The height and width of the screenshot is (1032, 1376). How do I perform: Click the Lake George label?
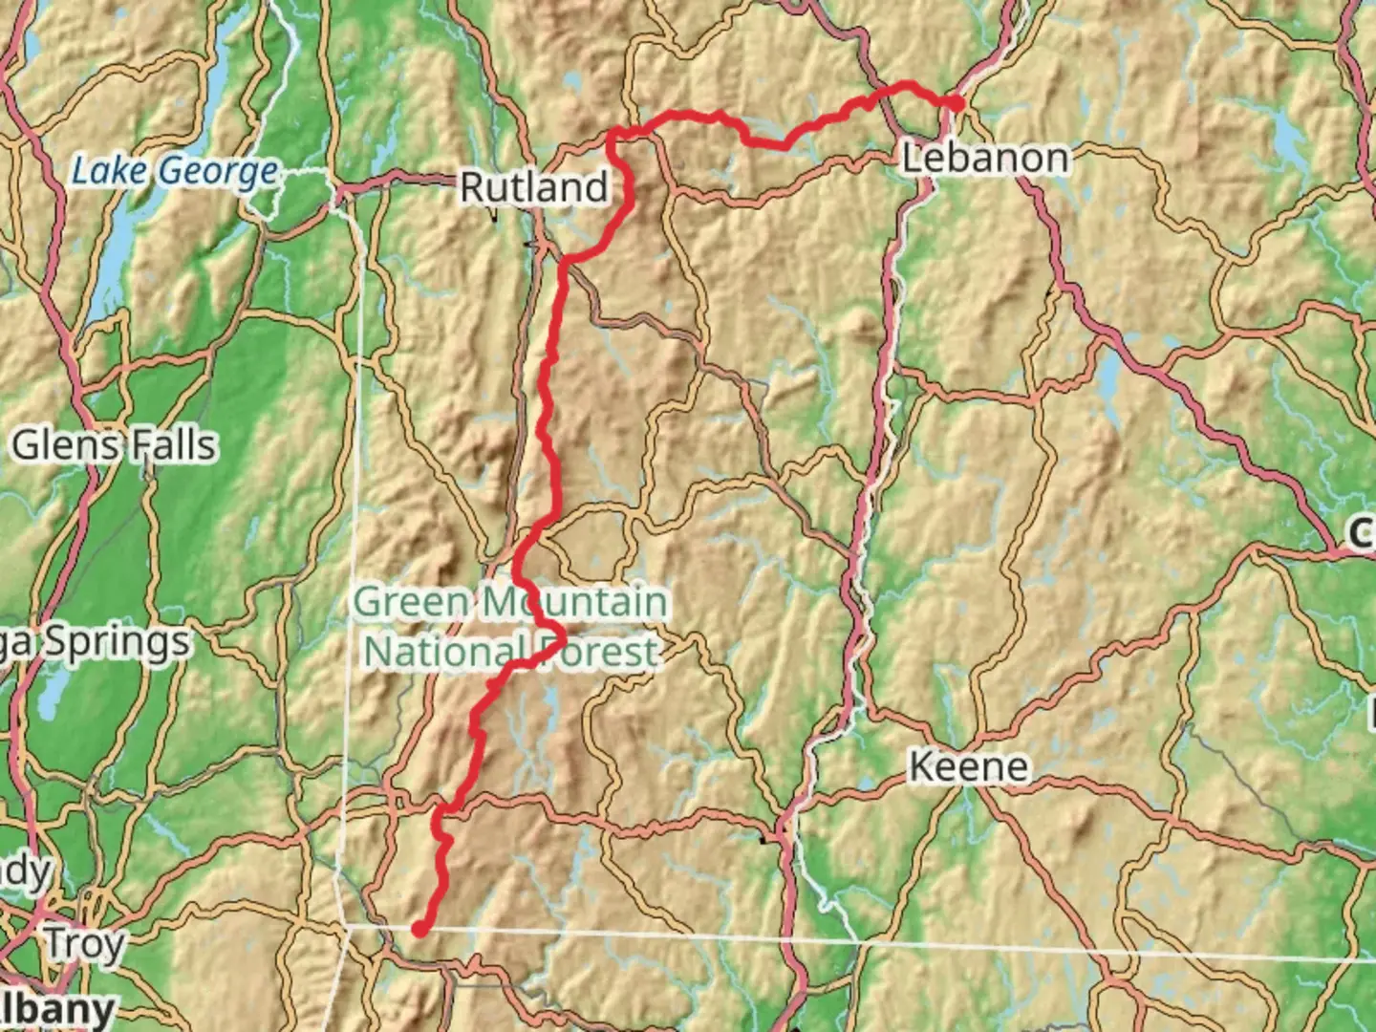click(x=175, y=172)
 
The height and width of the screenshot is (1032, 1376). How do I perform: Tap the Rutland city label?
click(x=533, y=187)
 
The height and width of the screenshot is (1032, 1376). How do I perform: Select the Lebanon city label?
click(x=985, y=158)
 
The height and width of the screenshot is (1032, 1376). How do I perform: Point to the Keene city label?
click(x=968, y=766)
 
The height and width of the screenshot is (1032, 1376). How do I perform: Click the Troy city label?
click(x=85, y=944)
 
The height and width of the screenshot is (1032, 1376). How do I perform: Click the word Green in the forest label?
click(x=412, y=603)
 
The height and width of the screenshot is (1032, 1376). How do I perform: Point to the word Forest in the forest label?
click(x=596, y=652)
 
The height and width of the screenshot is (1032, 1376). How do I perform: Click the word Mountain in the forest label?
click(x=573, y=603)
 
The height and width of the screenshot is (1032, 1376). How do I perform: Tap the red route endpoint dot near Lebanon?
click(x=955, y=103)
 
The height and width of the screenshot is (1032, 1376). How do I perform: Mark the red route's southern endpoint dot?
click(x=419, y=928)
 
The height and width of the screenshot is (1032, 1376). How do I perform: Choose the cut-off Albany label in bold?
click(x=57, y=1009)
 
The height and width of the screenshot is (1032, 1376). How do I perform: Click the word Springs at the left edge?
click(x=115, y=642)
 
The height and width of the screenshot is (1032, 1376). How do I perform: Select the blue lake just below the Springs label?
click(x=54, y=693)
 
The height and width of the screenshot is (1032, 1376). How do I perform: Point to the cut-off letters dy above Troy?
click(x=26, y=871)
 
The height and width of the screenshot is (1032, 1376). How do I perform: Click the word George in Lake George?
click(x=219, y=172)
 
